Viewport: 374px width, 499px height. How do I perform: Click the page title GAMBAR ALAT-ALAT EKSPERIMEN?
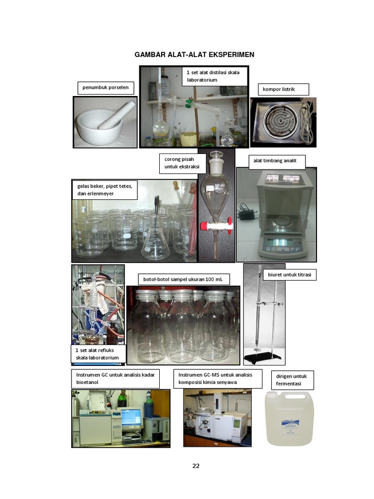[194, 55]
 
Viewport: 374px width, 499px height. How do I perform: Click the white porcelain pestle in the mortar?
[116, 115]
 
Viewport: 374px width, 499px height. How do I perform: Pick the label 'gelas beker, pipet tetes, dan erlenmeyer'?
[105, 190]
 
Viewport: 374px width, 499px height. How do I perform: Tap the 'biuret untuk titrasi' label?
[289, 275]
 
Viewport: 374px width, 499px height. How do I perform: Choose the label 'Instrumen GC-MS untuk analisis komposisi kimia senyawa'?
[218, 379]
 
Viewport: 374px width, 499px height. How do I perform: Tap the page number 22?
[196, 465]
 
